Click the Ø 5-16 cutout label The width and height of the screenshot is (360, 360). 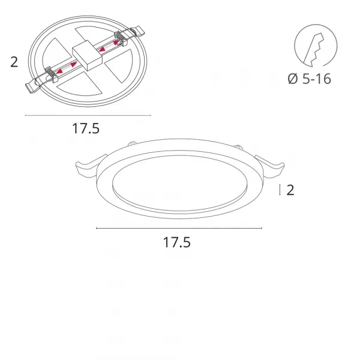point(309,79)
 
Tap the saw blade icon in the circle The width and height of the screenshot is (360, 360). point(314,50)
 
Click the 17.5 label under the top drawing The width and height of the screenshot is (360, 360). point(86,128)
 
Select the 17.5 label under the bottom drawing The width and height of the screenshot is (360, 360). point(177,242)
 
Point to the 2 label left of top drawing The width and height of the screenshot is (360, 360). point(14,62)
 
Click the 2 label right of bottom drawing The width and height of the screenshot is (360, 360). point(290,190)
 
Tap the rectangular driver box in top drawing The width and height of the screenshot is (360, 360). point(87,56)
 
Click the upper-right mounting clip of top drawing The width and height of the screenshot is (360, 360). point(137,31)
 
